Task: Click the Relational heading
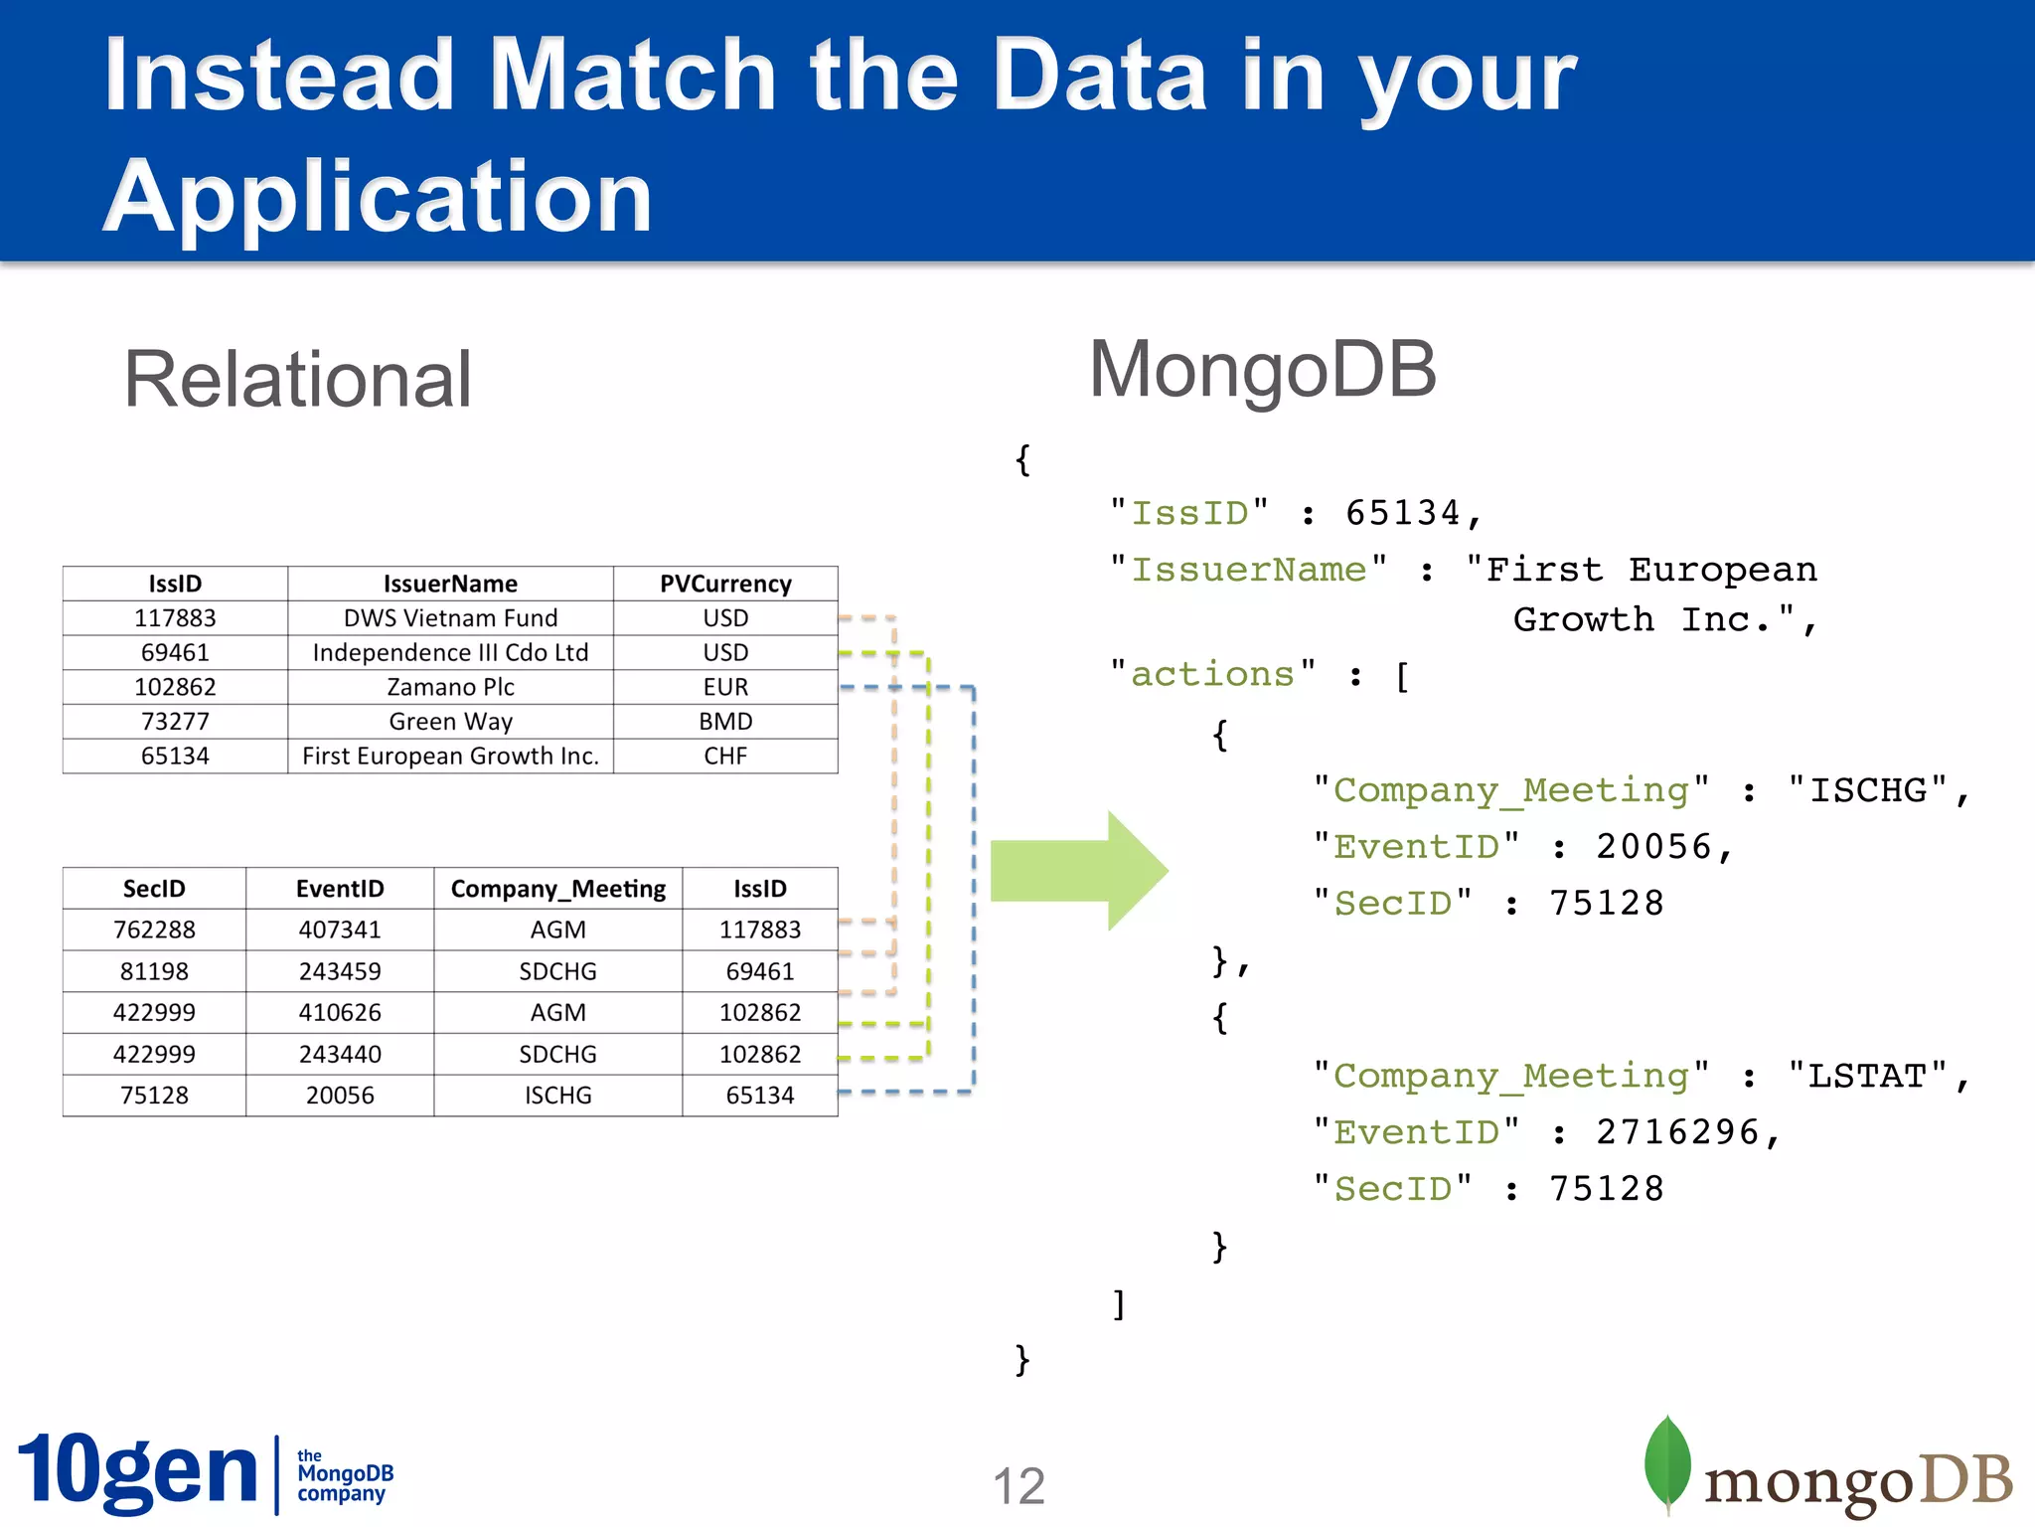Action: point(297,380)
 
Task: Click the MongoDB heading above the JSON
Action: point(1262,370)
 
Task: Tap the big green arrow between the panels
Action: point(1078,870)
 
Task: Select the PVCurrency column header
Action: point(725,584)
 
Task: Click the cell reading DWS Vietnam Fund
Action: point(450,618)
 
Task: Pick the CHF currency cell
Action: point(725,756)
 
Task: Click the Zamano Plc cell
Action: point(450,687)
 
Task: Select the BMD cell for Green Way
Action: point(725,722)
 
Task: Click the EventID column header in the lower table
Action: point(340,889)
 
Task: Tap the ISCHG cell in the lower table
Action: point(557,1096)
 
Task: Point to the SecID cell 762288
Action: point(154,930)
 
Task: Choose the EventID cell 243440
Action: point(340,1054)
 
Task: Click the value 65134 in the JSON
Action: point(1402,514)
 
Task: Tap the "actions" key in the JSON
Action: point(1212,675)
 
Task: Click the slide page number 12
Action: point(1018,1486)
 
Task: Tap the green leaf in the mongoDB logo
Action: point(1667,1461)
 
